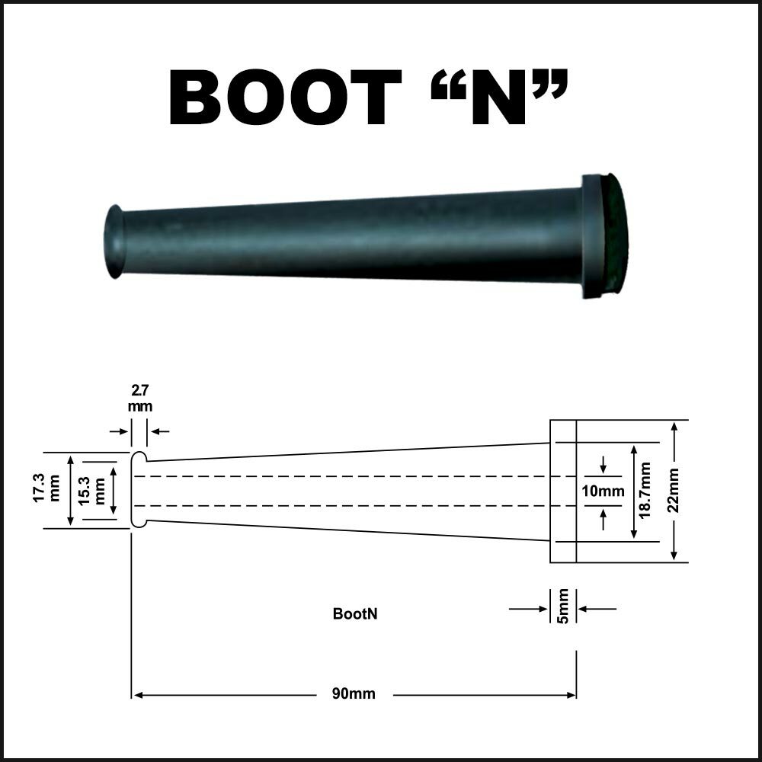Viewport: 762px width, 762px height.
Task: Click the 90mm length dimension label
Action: [x=354, y=694]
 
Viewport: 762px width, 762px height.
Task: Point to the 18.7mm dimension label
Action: [x=645, y=491]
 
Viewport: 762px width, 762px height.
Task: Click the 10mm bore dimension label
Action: [x=603, y=491]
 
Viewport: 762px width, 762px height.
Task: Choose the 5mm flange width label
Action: [x=563, y=606]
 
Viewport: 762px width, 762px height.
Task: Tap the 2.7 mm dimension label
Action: [x=139, y=399]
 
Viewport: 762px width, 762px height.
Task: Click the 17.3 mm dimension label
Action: [x=46, y=490]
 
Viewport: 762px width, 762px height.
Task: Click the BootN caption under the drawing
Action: [x=355, y=613]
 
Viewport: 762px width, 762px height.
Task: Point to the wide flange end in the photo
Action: [x=606, y=235]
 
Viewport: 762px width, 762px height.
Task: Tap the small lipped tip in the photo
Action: [x=114, y=241]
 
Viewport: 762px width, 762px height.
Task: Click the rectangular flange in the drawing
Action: [x=563, y=491]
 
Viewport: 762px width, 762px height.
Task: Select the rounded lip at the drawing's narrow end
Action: [x=138, y=490]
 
